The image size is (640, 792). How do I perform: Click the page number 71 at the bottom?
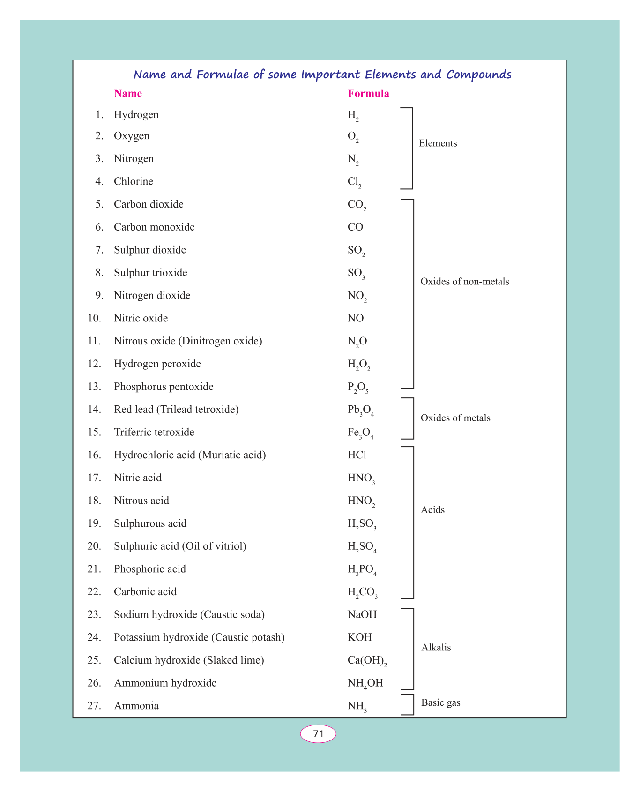pos(318,733)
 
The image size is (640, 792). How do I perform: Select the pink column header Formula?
pos(368,93)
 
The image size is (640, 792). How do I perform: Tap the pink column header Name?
pos(128,93)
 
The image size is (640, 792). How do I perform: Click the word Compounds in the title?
pos(478,75)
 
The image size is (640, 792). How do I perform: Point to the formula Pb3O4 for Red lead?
pos(360,410)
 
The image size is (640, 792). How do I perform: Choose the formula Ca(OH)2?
pos(367,661)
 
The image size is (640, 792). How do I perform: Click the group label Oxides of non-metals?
pos(464,282)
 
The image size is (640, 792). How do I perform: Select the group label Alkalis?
pos(436,648)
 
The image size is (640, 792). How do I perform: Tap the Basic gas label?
pos(440,702)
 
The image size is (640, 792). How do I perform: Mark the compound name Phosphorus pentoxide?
pos(164,387)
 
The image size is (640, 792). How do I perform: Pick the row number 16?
pos(94,455)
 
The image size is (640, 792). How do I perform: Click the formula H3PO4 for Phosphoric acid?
pos(362,570)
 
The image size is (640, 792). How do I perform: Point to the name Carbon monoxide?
pos(154,227)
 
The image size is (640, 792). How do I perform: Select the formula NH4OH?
pos(365,683)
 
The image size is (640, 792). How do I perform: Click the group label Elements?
pos(438,143)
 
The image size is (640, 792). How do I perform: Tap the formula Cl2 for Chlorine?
pos(354,182)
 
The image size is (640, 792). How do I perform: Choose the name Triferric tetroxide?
pos(154,432)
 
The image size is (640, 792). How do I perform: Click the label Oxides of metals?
pos(455,418)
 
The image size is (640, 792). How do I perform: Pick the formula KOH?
pos(359,637)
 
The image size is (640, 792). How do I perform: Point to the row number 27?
pos(94,706)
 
